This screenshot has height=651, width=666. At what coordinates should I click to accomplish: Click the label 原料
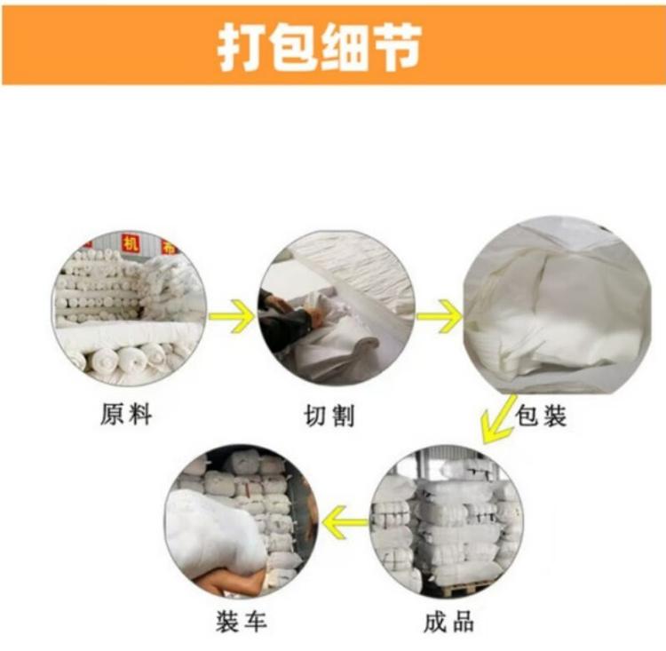click(126, 414)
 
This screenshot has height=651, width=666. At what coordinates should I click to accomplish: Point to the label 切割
click(329, 415)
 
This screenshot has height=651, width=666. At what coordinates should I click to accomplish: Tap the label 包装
click(541, 415)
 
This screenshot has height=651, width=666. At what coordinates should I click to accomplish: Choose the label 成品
click(449, 622)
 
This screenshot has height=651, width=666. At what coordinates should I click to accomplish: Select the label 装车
click(241, 622)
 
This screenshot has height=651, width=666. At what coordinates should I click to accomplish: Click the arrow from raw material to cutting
click(232, 315)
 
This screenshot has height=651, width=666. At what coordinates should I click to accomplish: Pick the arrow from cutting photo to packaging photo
click(440, 315)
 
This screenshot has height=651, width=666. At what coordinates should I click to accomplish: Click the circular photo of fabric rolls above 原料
click(129, 308)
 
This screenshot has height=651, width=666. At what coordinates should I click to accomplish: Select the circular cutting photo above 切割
click(336, 308)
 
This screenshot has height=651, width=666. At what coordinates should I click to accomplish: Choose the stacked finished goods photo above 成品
click(447, 522)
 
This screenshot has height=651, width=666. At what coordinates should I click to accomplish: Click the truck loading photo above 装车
click(242, 522)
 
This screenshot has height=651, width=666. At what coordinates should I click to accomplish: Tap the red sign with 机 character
click(131, 243)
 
